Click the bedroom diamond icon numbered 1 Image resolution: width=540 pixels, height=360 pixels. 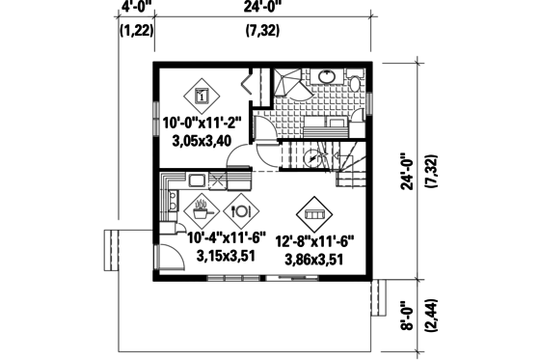pyautogui.click(x=201, y=95)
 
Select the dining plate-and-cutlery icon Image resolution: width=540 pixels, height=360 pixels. pyautogui.click(x=238, y=208)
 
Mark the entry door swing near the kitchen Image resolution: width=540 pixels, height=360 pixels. pyautogui.click(x=170, y=256)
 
